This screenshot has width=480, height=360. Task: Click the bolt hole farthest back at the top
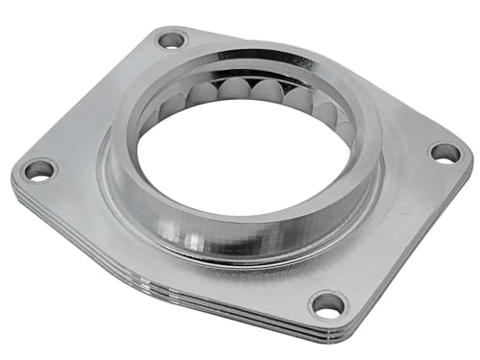(x=172, y=40)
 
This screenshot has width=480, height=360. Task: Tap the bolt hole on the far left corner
(x=39, y=171)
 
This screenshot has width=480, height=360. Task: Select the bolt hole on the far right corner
(x=444, y=152)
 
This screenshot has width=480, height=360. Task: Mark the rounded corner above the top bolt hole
(x=171, y=28)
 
